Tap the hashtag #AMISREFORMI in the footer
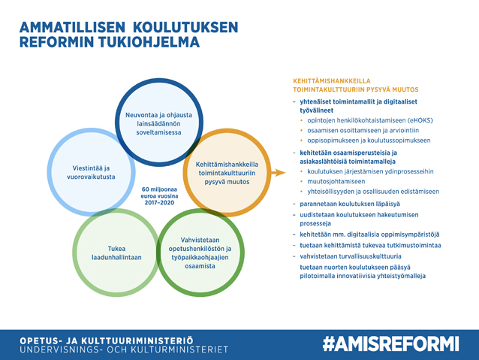pyautogui.click(x=391, y=343)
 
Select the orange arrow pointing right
pyautogui.click(x=278, y=173)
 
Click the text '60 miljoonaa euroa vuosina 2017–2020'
pyautogui.click(x=159, y=195)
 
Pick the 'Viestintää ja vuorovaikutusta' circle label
pyautogui.click(x=91, y=172)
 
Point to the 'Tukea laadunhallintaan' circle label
pyautogui.click(x=116, y=253)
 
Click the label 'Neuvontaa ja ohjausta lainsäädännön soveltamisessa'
pyautogui.click(x=158, y=123)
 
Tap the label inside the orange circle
pyautogui.click(x=227, y=173)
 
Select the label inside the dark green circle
pyautogui.click(x=200, y=253)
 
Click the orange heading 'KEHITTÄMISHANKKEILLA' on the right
pyautogui.click(x=331, y=81)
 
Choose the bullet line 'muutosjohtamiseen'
pyautogui.click(x=336, y=181)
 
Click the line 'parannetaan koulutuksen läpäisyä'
pyautogui.click(x=350, y=204)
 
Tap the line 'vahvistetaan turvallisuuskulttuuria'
pyautogui.click(x=351, y=256)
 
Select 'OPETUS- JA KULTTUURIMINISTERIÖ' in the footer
pyautogui.click(x=107, y=340)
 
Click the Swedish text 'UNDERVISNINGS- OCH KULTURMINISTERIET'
pyautogui.click(x=124, y=349)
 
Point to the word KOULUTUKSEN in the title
pyautogui.click(x=185, y=27)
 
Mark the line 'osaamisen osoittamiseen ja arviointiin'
pyautogui.click(x=363, y=130)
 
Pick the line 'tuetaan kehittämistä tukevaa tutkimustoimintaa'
pyautogui.click(x=370, y=245)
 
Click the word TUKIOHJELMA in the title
pyautogui.click(x=149, y=42)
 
